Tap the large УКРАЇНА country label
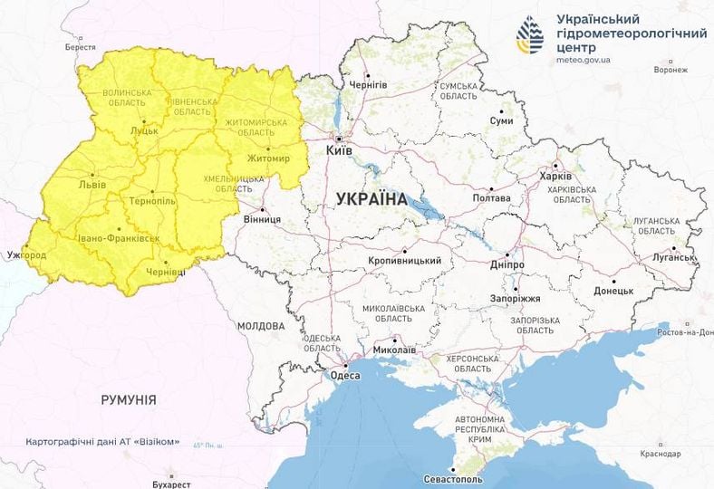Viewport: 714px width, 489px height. (x=371, y=198)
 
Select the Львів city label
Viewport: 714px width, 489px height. (x=92, y=185)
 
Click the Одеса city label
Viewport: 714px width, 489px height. (x=345, y=375)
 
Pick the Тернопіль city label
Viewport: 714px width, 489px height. (x=152, y=201)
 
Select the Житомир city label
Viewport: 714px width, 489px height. (x=269, y=159)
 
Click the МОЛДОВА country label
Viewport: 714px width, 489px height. (x=261, y=325)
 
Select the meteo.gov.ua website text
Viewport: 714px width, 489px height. (x=584, y=61)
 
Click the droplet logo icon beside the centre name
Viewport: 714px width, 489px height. (x=530, y=35)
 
